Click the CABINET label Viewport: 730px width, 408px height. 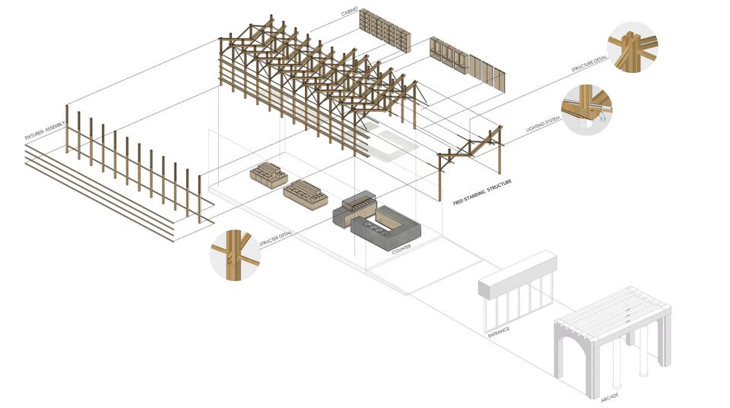[349, 11]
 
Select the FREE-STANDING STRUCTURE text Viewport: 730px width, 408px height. [482, 192]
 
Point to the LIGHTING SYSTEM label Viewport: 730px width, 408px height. [543, 124]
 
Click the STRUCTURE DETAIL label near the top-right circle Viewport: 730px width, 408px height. [589, 64]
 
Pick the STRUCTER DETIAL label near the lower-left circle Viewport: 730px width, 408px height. [275, 239]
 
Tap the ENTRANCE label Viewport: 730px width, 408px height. [499, 333]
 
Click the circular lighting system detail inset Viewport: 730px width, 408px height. [586, 110]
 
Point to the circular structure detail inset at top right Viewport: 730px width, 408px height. [633, 47]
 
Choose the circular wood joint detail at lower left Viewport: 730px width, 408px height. [235, 255]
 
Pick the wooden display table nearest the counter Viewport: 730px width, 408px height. [306, 195]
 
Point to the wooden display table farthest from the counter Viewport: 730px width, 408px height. [268, 175]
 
